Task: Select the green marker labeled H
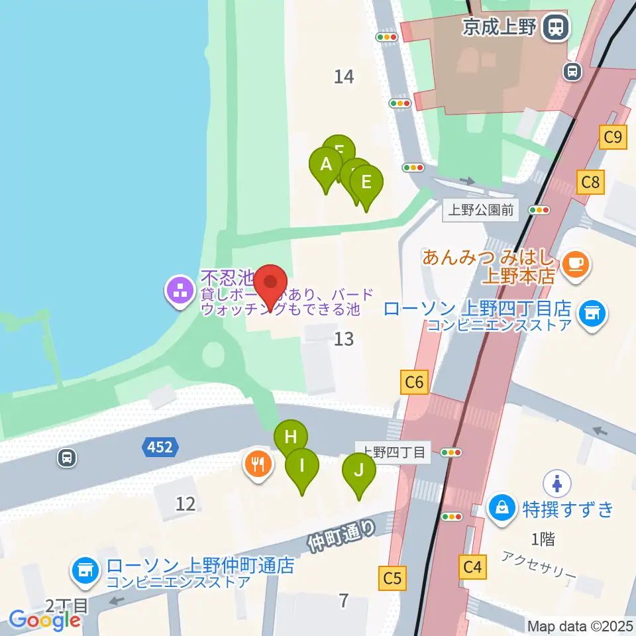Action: (291, 438)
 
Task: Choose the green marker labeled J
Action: (359, 471)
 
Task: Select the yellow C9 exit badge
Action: (612, 137)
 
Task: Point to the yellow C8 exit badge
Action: (590, 182)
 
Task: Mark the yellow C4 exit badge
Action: (472, 566)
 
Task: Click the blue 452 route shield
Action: (160, 448)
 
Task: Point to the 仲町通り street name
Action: (341, 535)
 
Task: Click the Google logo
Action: (45, 619)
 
